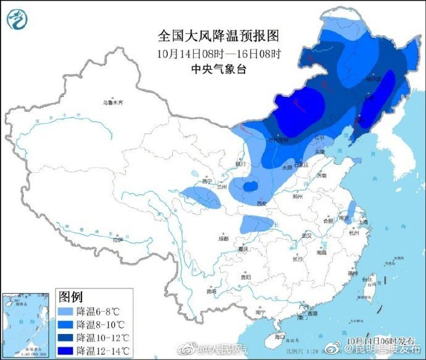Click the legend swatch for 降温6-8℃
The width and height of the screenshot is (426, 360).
pos(67,310)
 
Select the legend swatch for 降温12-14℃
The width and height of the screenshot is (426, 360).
pos(67,351)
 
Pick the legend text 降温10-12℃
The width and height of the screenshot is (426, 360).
pos(104,338)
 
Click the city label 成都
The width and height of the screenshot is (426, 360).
pos(222,238)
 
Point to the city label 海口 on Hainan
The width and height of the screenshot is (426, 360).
pos(280,337)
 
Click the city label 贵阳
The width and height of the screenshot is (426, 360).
pos(245,277)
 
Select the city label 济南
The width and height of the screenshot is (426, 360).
pos(320,176)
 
